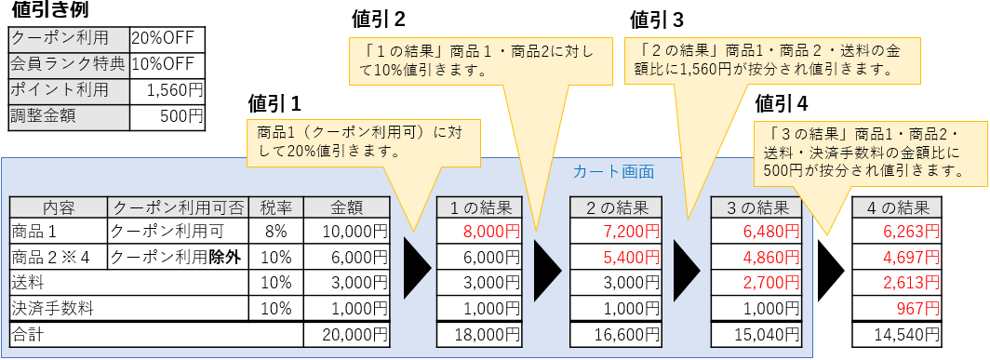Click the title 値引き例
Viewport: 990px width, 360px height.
[x=49, y=13]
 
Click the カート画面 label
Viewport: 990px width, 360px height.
[x=613, y=171]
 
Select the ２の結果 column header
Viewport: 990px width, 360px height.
[x=616, y=208]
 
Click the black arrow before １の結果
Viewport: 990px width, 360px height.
[x=416, y=269]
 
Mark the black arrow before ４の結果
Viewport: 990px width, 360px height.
[x=831, y=269]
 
